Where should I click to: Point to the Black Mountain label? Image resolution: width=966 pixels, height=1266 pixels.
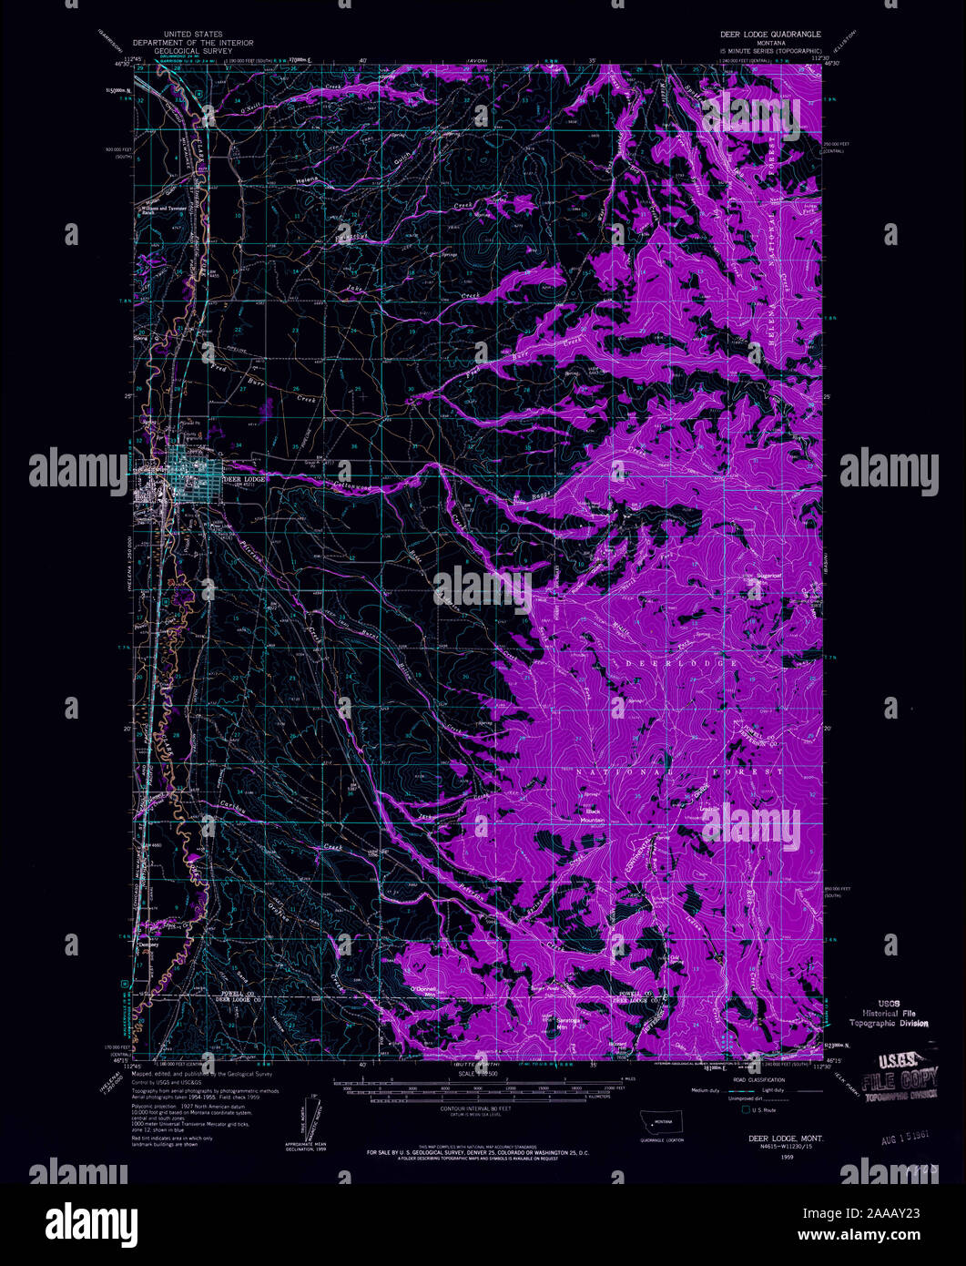[x=595, y=815]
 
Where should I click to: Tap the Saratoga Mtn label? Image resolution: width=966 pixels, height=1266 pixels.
[x=569, y=1023]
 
